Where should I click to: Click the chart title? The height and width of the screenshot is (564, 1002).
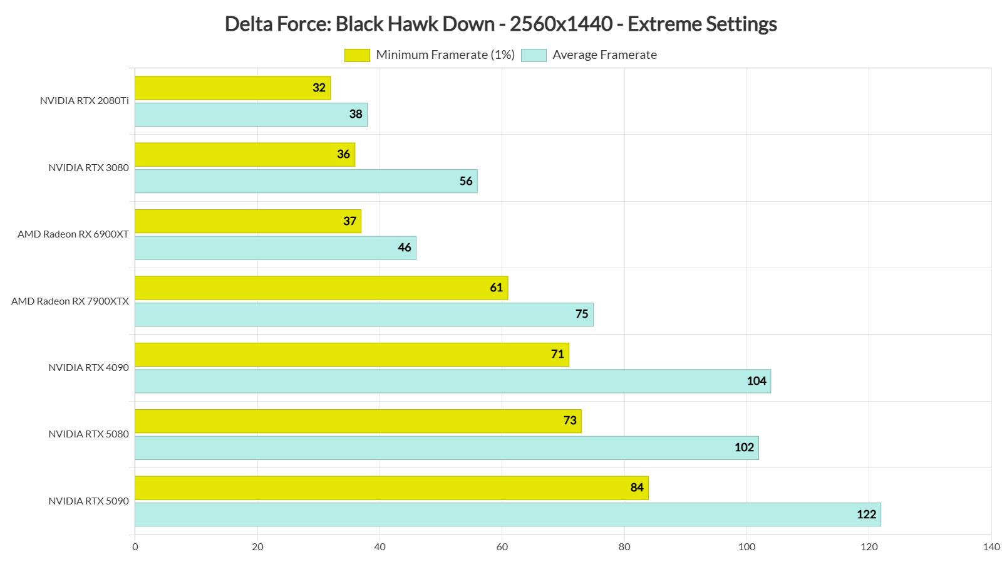tap(500, 24)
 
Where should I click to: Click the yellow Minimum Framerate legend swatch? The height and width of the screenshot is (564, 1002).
tap(357, 55)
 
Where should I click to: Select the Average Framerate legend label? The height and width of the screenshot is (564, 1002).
tap(604, 55)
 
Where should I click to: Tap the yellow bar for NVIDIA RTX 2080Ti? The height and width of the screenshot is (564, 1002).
tap(232, 88)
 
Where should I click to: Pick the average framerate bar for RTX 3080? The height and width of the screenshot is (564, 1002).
tap(306, 181)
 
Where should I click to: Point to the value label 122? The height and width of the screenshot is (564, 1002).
tap(866, 514)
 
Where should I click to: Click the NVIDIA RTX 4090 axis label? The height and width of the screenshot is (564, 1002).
tap(88, 368)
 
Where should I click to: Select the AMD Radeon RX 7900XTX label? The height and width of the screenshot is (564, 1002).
tap(70, 301)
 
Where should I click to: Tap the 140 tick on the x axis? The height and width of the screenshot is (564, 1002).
tap(991, 547)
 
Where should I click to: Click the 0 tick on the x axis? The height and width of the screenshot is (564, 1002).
tap(135, 547)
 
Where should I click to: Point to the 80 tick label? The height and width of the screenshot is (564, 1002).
tap(624, 547)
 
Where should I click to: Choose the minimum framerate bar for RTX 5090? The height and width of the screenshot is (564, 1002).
tap(391, 488)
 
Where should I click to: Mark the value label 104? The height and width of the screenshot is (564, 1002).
tap(757, 381)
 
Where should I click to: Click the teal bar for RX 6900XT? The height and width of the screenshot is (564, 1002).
tap(276, 248)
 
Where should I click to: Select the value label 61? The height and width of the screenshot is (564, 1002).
tap(497, 288)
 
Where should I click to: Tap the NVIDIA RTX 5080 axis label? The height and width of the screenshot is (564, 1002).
tap(88, 434)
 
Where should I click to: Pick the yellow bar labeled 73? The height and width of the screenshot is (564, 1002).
tap(358, 421)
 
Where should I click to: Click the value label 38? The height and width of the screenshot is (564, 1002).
tap(356, 114)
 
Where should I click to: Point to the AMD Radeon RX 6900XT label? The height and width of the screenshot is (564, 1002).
tap(73, 234)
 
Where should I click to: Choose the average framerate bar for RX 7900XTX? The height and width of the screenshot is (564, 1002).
tap(364, 315)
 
